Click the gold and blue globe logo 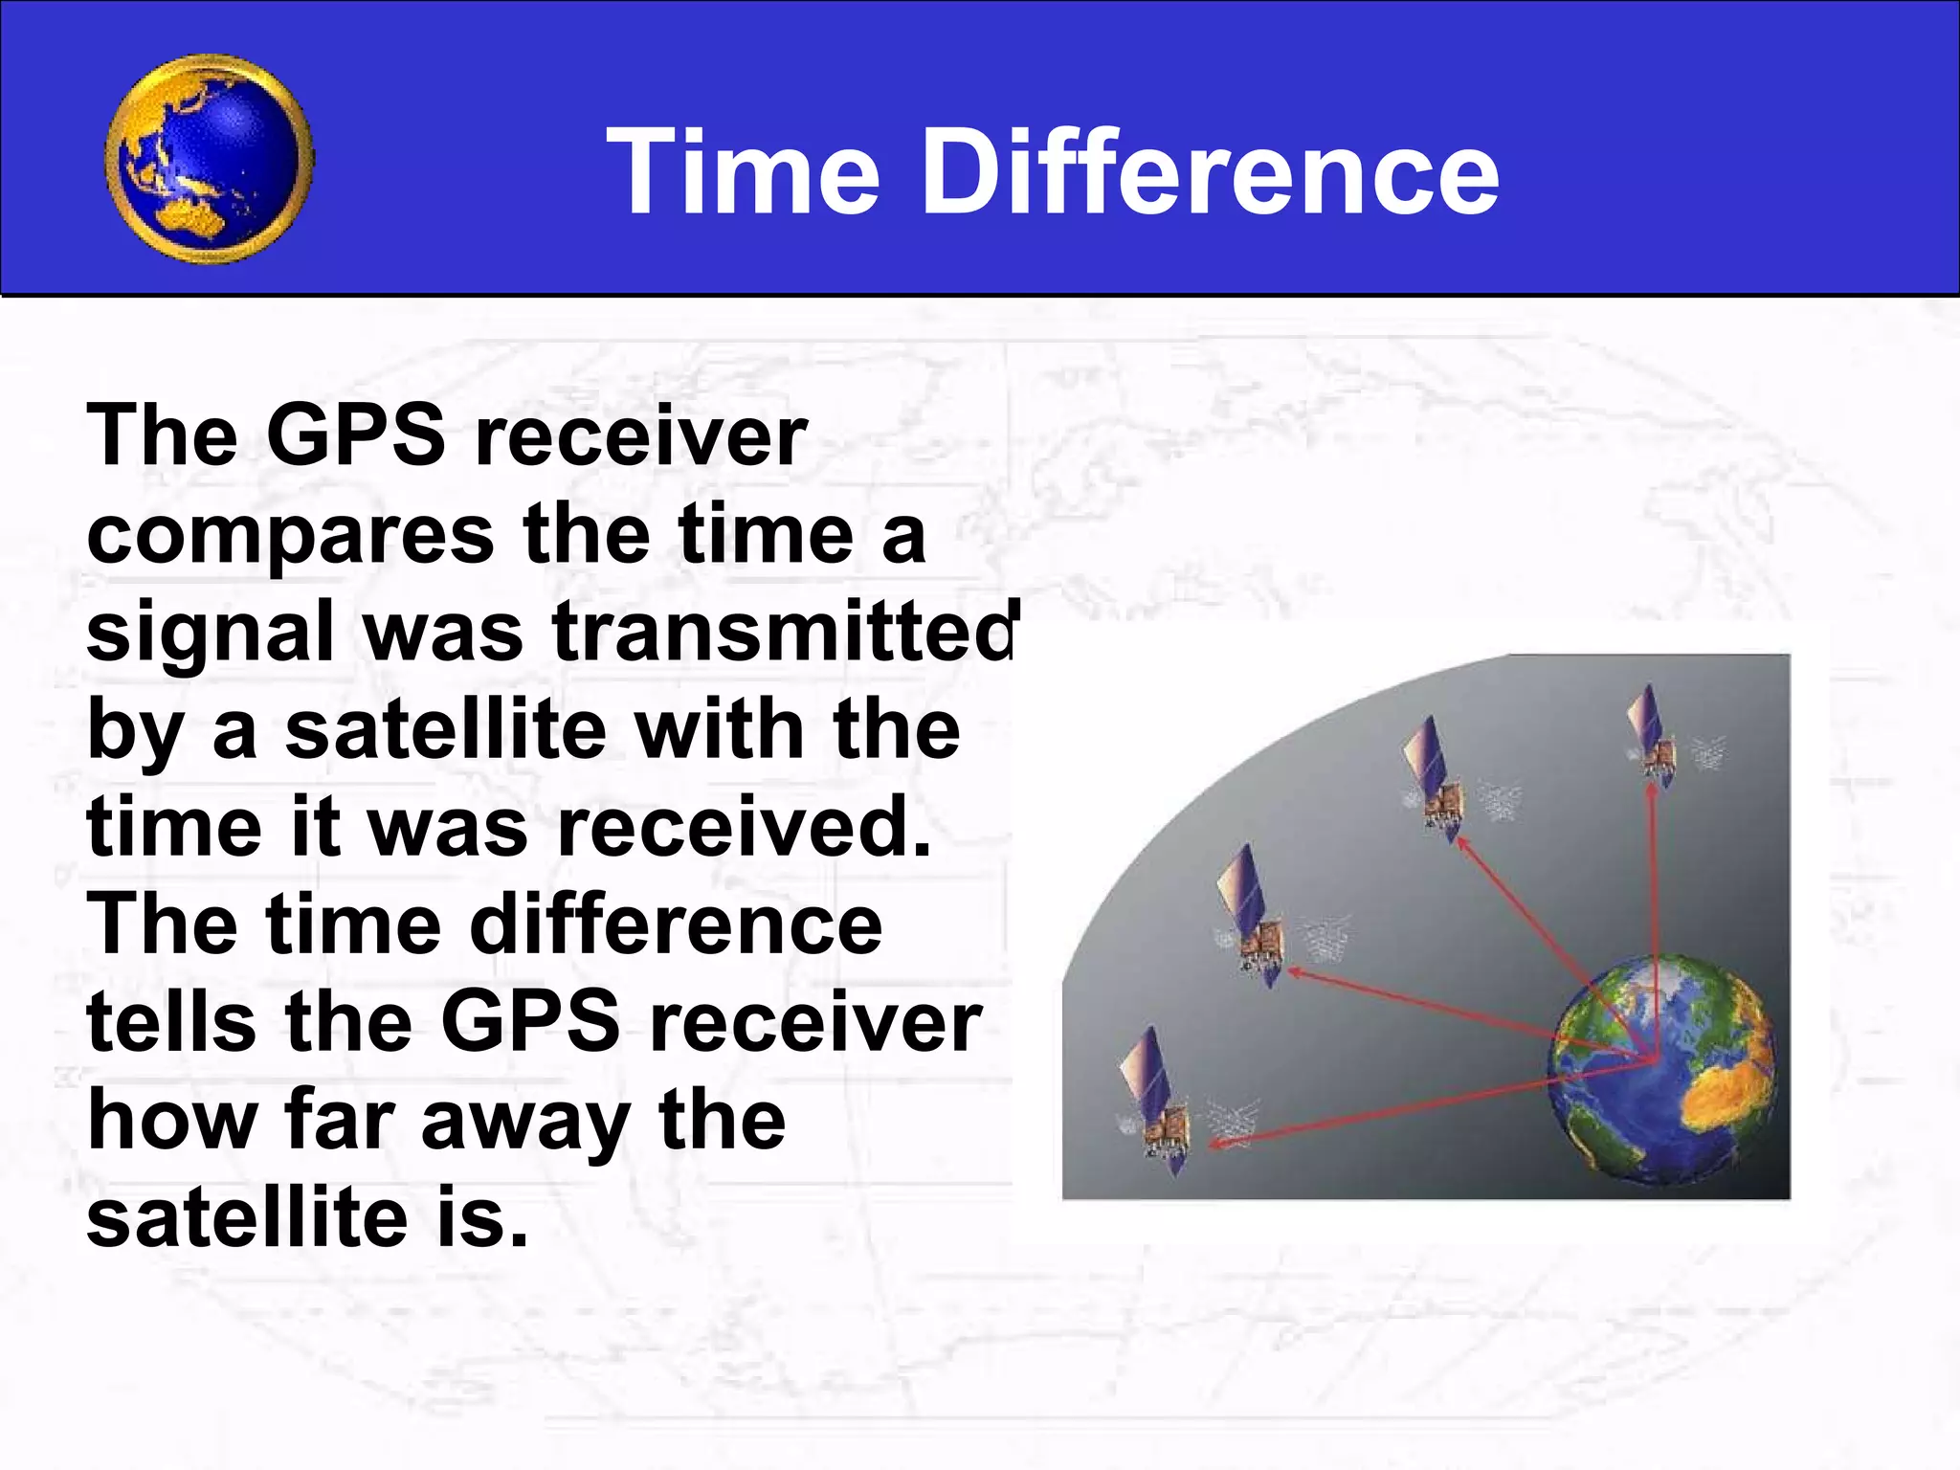[209, 159]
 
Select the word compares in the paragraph [290, 536]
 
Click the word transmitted [785, 633]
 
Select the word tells [171, 1022]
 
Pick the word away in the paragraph [525, 1122]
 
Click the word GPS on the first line [355, 436]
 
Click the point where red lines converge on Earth [1654, 1058]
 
